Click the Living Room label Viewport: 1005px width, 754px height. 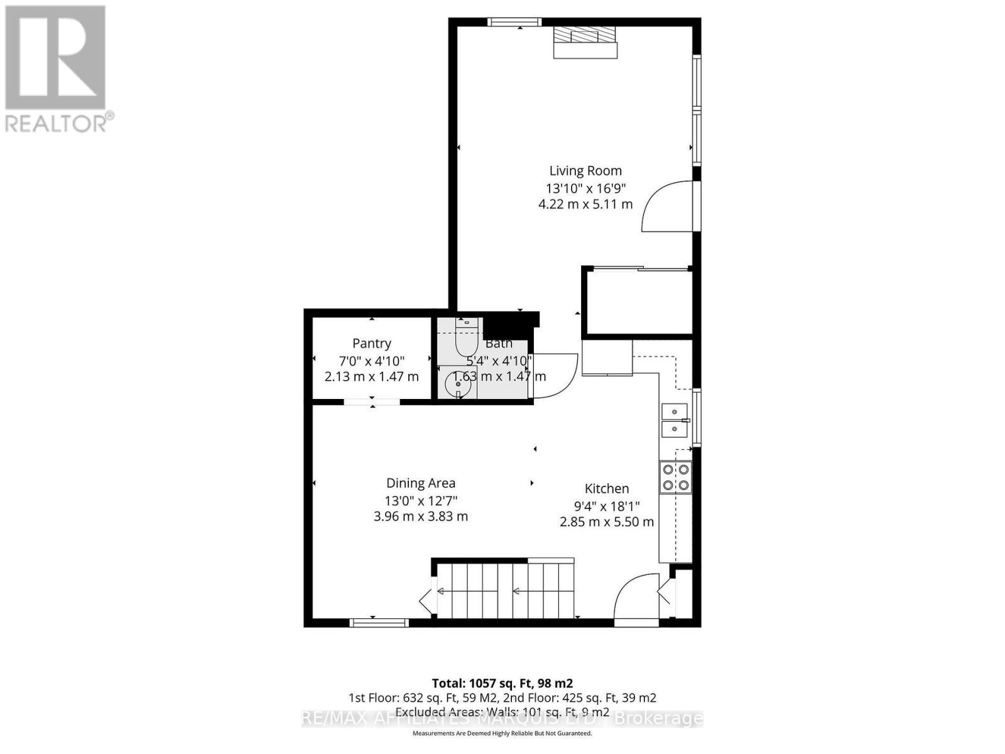585,170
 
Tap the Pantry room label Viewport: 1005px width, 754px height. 371,343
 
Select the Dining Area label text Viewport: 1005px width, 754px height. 420,483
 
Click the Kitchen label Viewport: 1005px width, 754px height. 606,488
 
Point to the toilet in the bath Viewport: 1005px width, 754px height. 466,339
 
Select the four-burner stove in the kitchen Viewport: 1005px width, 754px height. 675,477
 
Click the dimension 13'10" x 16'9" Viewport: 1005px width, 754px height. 585,187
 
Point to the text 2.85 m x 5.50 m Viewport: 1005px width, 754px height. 606,522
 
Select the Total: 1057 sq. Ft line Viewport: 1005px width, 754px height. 502,683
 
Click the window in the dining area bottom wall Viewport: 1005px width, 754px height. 379,623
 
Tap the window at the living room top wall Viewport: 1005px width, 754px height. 514,22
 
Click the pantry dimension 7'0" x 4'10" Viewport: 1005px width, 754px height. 371,361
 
